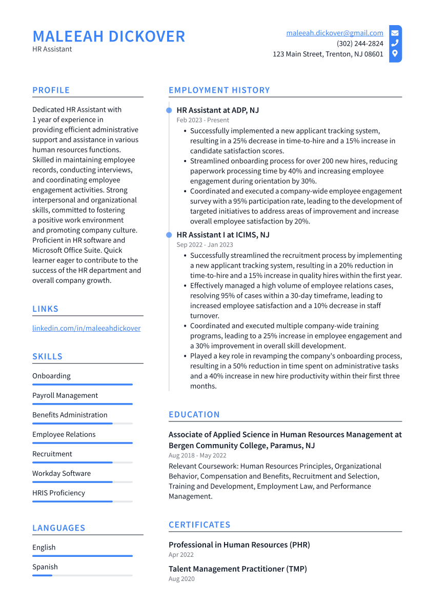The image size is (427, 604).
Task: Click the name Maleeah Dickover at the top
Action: tap(109, 36)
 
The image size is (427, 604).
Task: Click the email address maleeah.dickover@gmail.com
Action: tap(334, 33)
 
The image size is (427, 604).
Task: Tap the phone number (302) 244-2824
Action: tap(360, 44)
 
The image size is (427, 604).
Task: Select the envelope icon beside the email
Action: tap(395, 33)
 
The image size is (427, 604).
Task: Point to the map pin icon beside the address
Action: tap(395, 54)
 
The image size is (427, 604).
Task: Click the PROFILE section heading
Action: tap(51, 90)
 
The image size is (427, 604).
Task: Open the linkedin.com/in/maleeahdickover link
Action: tap(86, 328)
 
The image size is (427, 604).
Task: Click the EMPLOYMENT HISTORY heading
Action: tap(219, 90)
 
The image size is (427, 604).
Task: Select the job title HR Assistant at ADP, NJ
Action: tap(218, 110)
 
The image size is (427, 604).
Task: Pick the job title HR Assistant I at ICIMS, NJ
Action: tap(223, 235)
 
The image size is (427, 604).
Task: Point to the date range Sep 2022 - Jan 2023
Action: tap(205, 245)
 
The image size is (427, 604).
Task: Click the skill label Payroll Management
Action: tap(65, 395)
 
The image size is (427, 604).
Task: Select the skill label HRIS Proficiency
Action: tap(58, 493)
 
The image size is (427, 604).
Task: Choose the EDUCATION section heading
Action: tap(194, 414)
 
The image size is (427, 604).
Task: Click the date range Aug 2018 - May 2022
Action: tap(197, 455)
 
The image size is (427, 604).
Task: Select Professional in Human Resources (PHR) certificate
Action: tap(239, 545)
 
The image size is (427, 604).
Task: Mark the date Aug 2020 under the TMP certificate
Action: tap(181, 579)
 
